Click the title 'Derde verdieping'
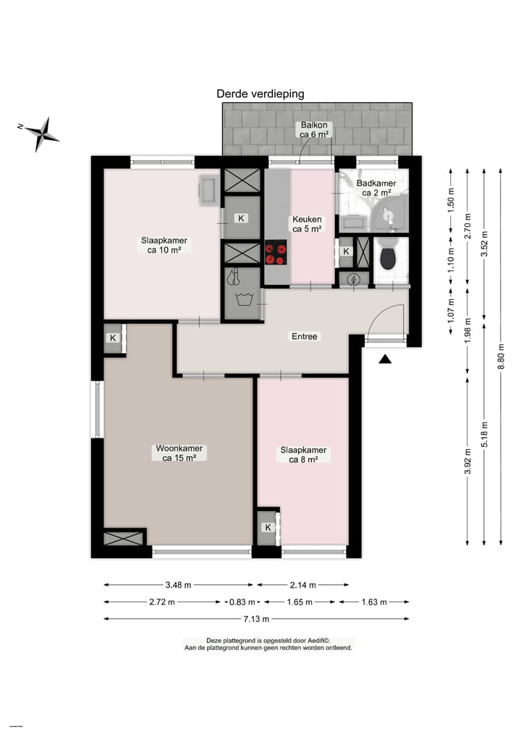click(x=260, y=93)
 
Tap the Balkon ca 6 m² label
click(x=315, y=129)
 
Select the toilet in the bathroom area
click(x=387, y=256)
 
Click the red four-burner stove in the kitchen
click(x=276, y=253)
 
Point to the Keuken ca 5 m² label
click(x=308, y=225)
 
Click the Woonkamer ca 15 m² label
click(x=179, y=453)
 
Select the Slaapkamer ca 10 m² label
click(x=164, y=245)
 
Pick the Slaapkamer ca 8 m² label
click(x=303, y=454)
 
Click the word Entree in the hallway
click(x=304, y=336)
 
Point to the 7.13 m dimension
click(x=256, y=619)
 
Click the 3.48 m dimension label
click(x=178, y=585)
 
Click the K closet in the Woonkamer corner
click(x=114, y=338)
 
